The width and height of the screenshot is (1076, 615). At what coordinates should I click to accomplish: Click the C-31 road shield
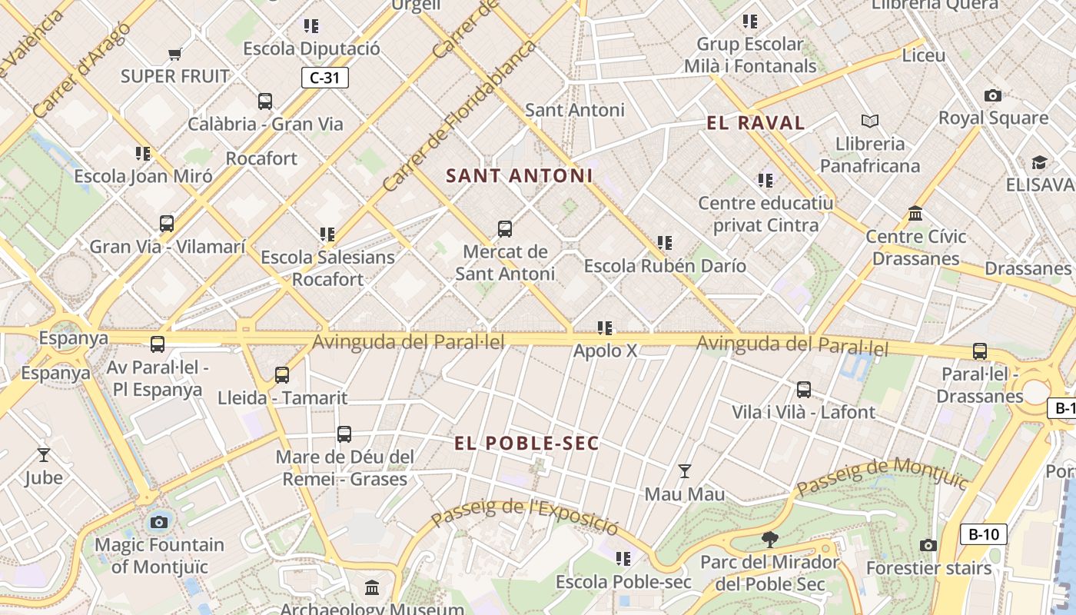point(324,78)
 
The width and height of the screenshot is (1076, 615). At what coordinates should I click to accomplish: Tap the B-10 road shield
point(983,534)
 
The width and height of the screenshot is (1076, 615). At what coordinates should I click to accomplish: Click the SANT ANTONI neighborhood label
point(520,176)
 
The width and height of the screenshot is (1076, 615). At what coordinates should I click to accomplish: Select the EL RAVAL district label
point(756,123)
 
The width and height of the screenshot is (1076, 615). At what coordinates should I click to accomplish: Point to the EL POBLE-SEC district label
point(526,444)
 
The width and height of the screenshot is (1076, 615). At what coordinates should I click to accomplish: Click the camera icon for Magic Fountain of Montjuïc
point(159,523)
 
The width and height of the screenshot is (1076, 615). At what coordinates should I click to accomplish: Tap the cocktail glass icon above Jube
point(44,455)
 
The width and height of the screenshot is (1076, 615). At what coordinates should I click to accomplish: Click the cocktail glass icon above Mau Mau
point(684,471)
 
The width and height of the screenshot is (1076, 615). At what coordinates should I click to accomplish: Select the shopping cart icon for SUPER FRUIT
point(174,55)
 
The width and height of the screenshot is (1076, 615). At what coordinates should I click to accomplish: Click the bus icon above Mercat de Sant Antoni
point(504,229)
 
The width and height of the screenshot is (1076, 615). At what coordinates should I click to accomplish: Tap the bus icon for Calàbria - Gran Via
point(265,101)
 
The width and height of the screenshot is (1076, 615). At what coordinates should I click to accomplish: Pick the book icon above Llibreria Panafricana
point(869,121)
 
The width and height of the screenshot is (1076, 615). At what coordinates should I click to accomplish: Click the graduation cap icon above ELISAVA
point(1039,163)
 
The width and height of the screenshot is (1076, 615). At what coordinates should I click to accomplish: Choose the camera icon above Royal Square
point(992,96)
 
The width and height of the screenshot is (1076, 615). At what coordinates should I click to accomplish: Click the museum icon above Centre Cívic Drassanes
point(915,214)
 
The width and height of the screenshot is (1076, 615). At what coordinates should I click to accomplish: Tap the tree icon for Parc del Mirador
point(769,540)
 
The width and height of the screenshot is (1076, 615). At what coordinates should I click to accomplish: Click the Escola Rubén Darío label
point(665,266)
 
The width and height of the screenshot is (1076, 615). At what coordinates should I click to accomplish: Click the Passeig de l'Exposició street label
point(524,517)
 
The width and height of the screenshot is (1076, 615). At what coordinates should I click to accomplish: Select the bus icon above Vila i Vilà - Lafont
point(803,390)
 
